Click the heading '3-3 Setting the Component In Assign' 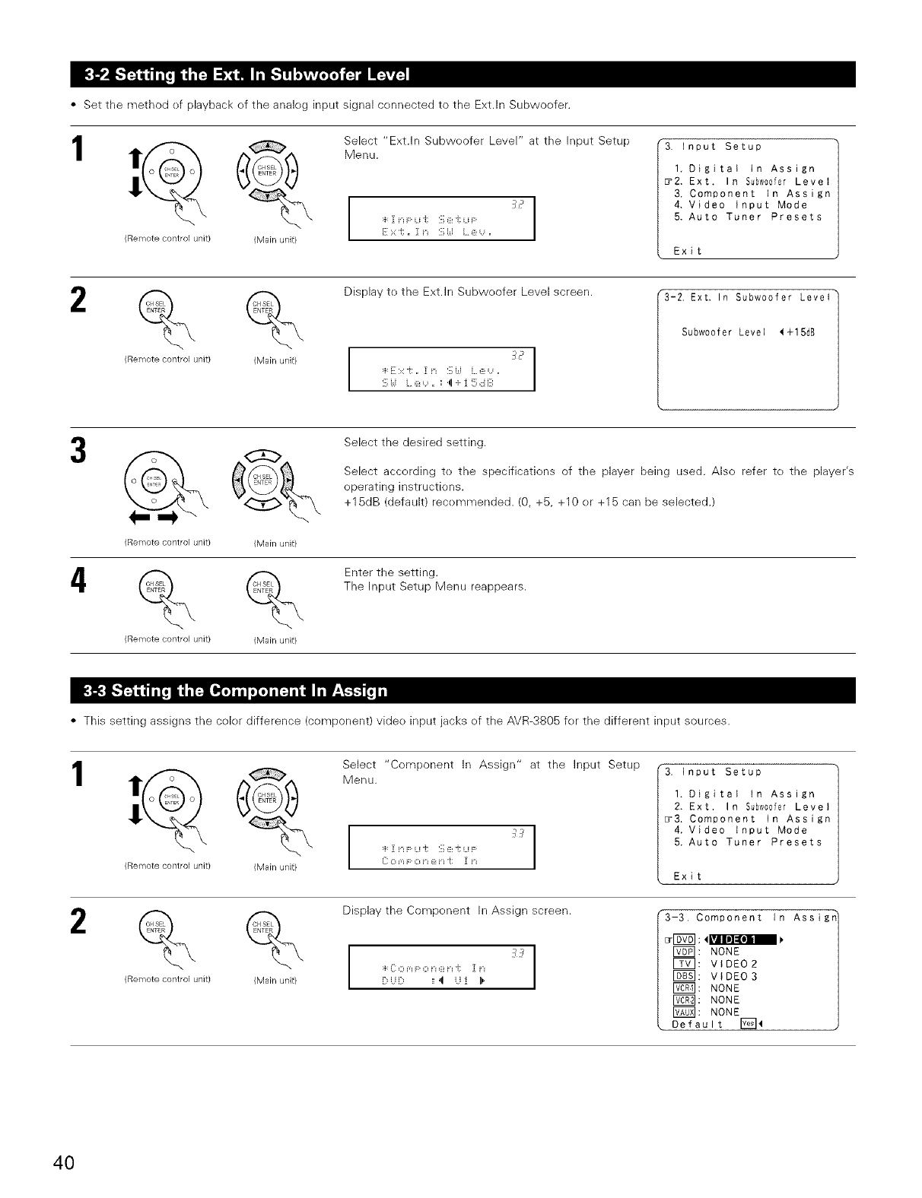coord(237,690)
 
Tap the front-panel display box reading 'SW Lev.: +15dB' coord(441,369)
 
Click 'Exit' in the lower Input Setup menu coord(688,876)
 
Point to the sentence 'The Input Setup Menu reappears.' coord(434,587)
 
